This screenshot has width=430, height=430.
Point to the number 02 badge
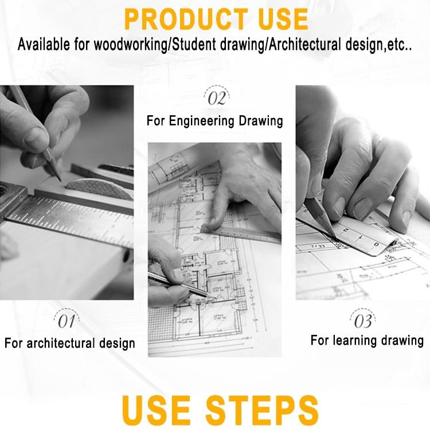217,97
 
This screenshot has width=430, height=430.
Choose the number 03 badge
363,320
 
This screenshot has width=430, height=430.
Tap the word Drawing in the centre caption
260,121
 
